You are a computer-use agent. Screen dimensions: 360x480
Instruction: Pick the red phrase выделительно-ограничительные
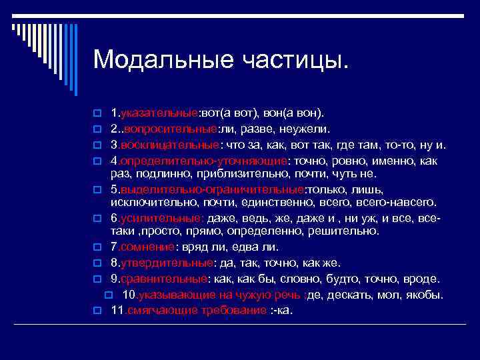213,190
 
